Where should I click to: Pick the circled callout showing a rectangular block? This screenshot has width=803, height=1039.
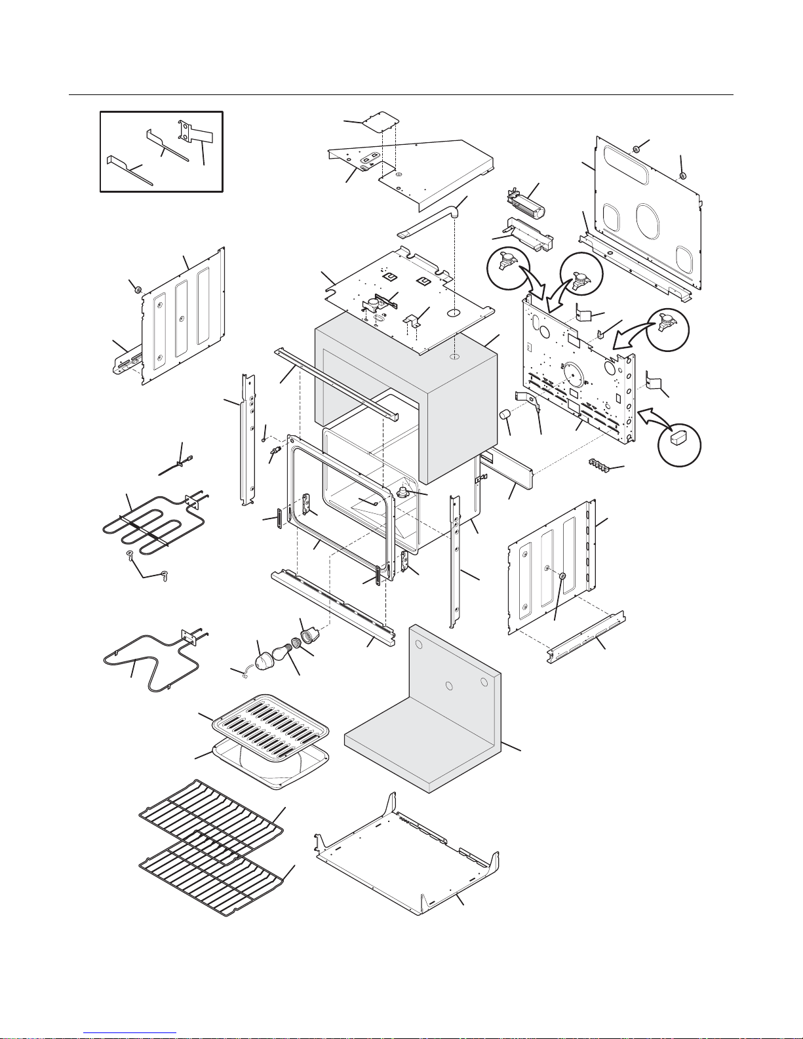(x=679, y=446)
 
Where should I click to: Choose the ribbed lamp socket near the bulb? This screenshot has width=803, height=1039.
(x=308, y=635)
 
